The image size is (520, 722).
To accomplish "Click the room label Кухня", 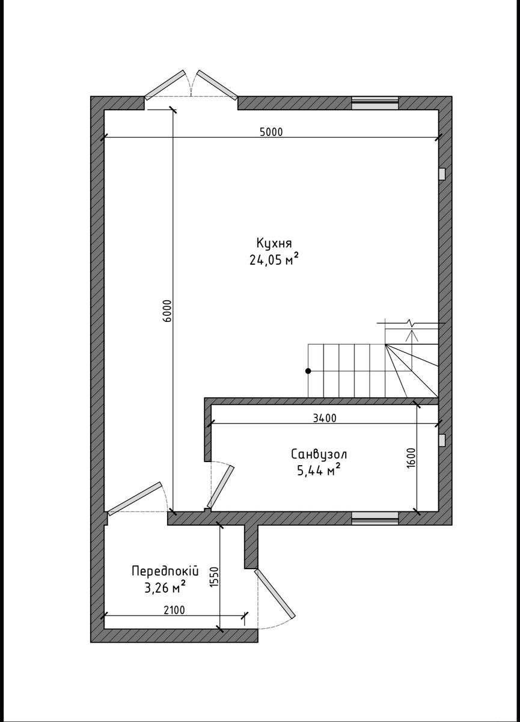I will coord(274,243).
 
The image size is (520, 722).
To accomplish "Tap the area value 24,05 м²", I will coord(274,260).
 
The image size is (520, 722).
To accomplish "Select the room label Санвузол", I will coord(319,454).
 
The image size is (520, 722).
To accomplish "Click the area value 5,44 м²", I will coord(319,471).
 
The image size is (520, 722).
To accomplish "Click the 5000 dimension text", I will coord(271,132).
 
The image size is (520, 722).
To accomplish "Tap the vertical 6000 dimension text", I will coord(168,310).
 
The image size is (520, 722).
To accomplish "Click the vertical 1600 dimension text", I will coord(411,457).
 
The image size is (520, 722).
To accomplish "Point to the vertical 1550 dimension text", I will coord(214,578).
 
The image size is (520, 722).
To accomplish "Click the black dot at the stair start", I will coord(308,371).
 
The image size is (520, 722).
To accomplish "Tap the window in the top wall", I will coord(375,103).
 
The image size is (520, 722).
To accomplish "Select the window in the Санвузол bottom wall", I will coord(375,518).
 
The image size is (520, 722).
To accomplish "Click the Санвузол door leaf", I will coord(221,486).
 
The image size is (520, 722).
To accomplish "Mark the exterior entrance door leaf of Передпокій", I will coord(275,594).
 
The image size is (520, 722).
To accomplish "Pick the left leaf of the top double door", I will coord(165,84).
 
